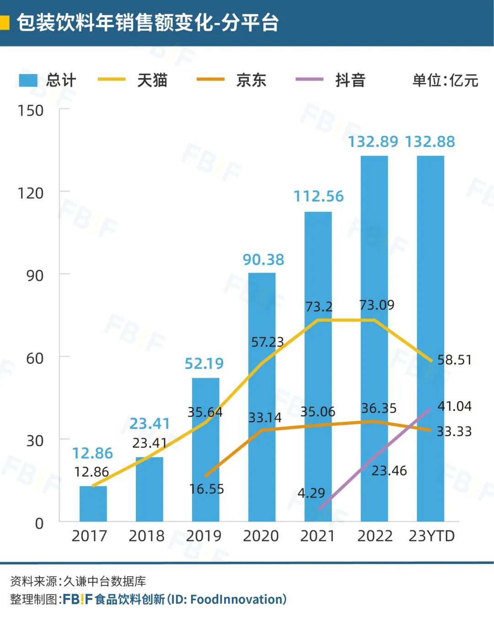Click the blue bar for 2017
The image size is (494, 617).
tap(93, 504)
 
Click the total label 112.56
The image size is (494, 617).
tap(318, 196)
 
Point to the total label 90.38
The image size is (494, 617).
tap(263, 259)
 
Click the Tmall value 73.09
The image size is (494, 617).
tap(376, 305)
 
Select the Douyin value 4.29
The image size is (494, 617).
tap(311, 493)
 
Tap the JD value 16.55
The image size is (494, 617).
tap(206, 489)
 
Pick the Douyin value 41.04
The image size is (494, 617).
tap(454, 406)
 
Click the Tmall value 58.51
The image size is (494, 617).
tap(454, 359)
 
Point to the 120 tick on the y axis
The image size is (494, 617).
tap(31, 193)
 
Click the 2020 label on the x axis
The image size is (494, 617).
tap(261, 536)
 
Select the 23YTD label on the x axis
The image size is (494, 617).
tap(431, 536)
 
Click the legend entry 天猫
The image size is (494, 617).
tap(152, 80)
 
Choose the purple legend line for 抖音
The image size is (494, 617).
tap(309, 80)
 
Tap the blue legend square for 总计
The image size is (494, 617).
tap(28, 80)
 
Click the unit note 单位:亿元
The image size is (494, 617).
tap(445, 80)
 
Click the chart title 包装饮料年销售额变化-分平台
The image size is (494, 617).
tap(148, 22)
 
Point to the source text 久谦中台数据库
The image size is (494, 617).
tap(104, 581)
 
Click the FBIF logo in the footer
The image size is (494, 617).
tap(77, 599)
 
